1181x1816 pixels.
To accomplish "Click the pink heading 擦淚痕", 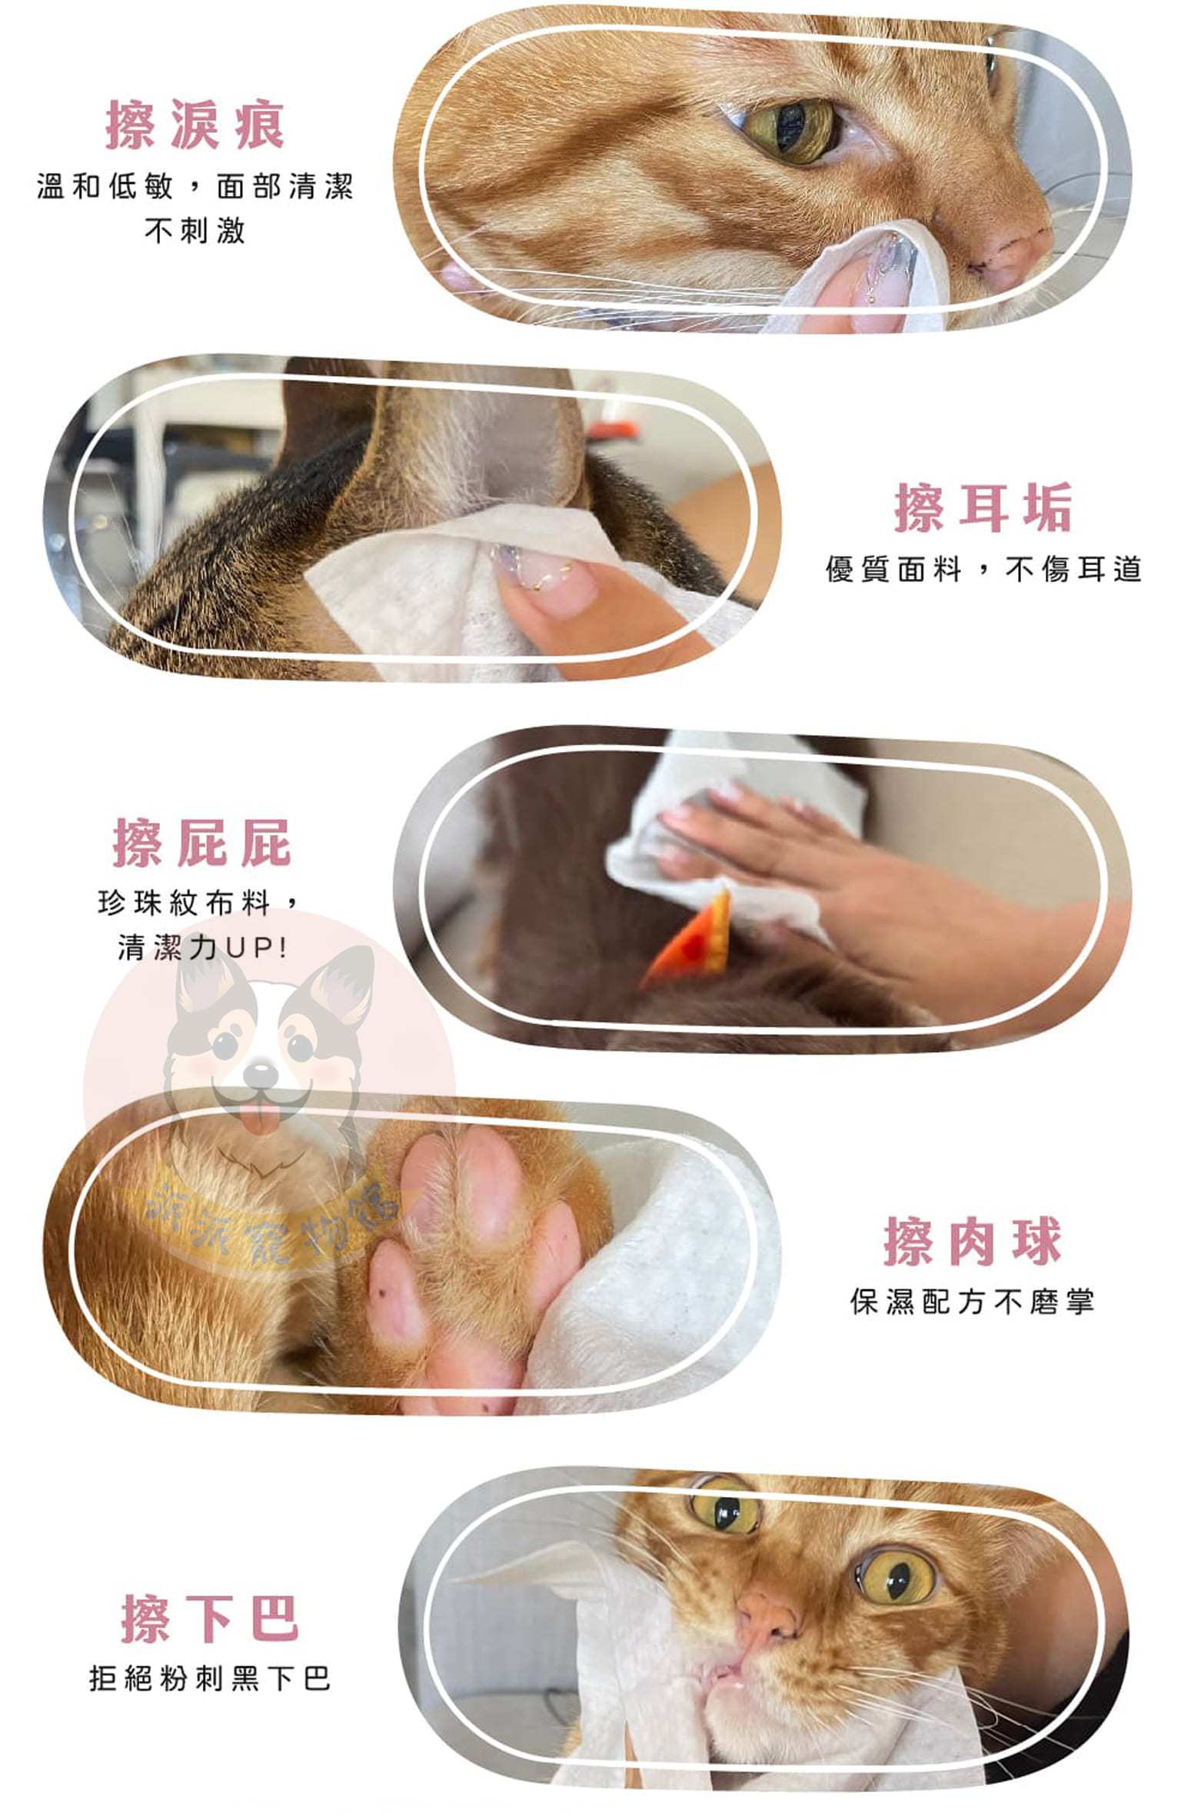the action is pos(195,125).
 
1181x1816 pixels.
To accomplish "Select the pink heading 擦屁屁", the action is pos(202,843).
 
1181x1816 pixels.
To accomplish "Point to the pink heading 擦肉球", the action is pos(973,1241).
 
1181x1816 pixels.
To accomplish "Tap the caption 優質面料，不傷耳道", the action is pos(983,570).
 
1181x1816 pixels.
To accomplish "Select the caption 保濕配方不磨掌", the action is pos(973,1302).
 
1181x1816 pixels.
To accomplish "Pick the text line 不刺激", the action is pos(195,230).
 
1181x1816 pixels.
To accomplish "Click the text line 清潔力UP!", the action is pos(202,947).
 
